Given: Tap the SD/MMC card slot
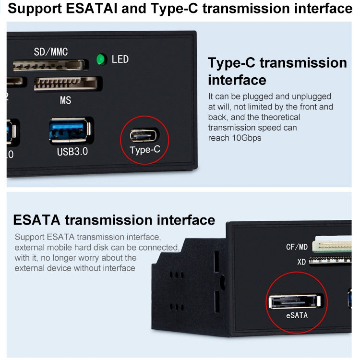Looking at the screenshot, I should (x=50, y=65).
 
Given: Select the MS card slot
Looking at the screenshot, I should (x=68, y=84).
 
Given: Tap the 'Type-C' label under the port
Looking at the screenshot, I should (x=144, y=150).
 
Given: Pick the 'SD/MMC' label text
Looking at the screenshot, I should (x=51, y=51).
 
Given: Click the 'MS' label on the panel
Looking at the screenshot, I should (x=65, y=101).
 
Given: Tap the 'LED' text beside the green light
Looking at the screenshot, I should (x=120, y=60).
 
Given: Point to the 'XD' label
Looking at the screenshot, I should (x=301, y=262).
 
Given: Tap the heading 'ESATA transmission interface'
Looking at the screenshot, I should (x=114, y=220).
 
